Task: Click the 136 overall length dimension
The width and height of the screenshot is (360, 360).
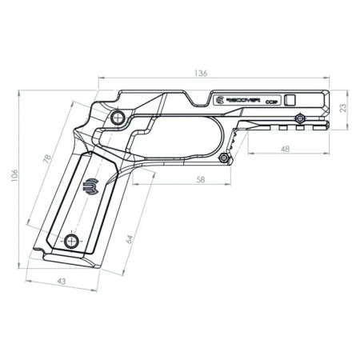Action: [201, 73]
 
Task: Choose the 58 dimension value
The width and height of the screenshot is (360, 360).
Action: [200, 181]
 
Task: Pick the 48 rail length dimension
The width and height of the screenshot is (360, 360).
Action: [286, 149]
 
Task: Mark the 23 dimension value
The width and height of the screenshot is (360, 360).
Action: [342, 106]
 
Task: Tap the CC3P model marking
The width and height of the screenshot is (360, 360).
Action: [271, 102]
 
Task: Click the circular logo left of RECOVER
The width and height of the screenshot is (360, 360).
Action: [220, 101]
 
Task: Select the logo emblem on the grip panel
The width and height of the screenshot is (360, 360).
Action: [90, 186]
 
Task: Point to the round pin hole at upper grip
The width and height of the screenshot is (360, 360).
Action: [117, 118]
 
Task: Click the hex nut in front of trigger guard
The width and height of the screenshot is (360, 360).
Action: [227, 158]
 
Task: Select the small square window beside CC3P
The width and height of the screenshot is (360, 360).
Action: [290, 100]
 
